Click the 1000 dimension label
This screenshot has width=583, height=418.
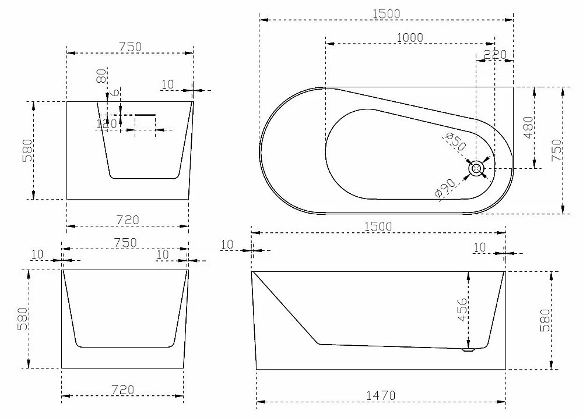coord(410,38)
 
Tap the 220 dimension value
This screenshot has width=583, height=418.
coord(495,55)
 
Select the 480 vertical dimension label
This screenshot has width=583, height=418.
coord(528,127)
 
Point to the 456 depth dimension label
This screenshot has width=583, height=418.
coord(462,310)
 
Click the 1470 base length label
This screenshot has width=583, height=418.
coord(381,396)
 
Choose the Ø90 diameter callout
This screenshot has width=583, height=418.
coord(445,188)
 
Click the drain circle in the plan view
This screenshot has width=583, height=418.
coord(476,169)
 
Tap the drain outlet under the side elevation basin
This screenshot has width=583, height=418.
coord(469,349)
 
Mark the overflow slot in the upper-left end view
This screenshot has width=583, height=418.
coord(145,115)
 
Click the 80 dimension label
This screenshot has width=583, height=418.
coord(101,76)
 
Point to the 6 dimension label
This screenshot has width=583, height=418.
coord(116,93)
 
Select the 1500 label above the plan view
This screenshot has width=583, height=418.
coord(387,14)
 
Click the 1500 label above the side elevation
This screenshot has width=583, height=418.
coord(378,226)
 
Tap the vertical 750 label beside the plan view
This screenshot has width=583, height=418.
coord(557,150)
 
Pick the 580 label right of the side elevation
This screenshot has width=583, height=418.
coord(545,320)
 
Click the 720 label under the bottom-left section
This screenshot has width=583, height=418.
coord(122,390)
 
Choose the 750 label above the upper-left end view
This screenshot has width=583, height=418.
coord(130,47)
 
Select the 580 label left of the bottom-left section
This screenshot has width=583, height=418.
coord(22,318)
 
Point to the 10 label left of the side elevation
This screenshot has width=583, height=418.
coord(227,245)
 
